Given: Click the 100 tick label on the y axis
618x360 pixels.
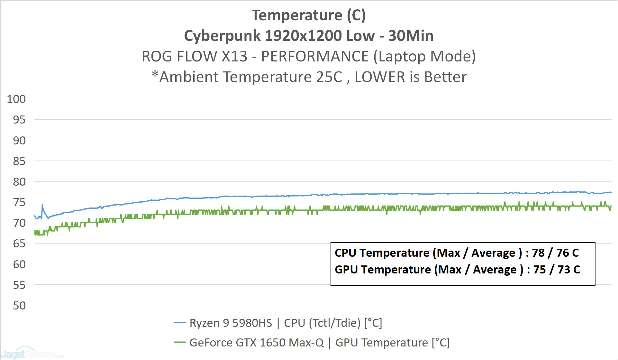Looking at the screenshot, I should click(16, 99).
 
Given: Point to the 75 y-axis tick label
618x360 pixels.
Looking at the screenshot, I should click(19, 202).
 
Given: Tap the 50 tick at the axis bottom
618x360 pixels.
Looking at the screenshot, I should click(19, 306).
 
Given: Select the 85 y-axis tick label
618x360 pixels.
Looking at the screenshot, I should click(19, 161).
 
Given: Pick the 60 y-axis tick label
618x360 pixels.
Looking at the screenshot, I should click(19, 264).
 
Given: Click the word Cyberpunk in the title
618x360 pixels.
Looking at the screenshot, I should click(222, 36).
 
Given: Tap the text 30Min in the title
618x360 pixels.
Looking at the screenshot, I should click(411, 36).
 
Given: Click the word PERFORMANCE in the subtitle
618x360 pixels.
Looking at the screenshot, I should click(314, 57).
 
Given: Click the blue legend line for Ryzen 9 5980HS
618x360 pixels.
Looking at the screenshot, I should click(180, 322).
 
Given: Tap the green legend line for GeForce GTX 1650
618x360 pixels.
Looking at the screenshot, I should click(180, 342).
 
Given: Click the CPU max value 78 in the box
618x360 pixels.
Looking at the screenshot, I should click(538, 253).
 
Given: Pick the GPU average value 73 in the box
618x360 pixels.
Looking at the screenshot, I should click(564, 270).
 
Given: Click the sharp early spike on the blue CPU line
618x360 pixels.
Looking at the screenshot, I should click(42, 205).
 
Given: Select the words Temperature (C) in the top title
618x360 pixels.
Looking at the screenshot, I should click(308, 15).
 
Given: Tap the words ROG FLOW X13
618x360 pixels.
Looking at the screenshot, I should click(195, 57).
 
